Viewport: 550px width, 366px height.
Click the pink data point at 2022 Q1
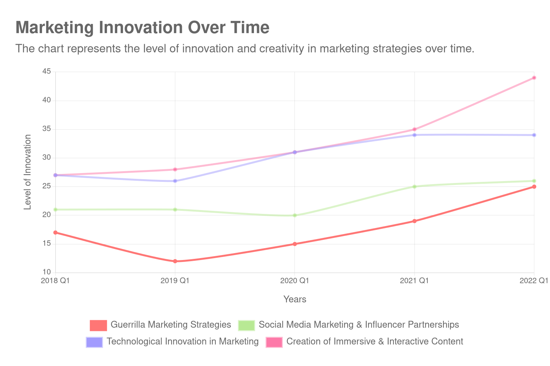click(x=534, y=78)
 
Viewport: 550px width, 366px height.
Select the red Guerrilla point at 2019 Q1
click(x=175, y=261)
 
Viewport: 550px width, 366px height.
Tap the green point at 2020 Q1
click(x=295, y=215)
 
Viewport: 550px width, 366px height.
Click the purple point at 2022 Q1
click(x=534, y=135)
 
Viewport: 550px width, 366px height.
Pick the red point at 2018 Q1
click(x=55, y=233)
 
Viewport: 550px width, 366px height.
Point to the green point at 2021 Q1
click(x=414, y=186)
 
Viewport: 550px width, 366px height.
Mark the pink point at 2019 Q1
click(x=175, y=169)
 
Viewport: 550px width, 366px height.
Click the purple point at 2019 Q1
click(x=175, y=181)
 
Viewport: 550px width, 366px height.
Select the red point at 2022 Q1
click(x=534, y=187)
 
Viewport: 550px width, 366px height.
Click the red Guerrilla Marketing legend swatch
click(x=98, y=325)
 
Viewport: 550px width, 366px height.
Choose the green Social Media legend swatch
click(x=246, y=325)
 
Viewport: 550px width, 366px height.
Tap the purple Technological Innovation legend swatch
click(x=94, y=342)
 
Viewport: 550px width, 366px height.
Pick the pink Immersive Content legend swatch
click(x=274, y=342)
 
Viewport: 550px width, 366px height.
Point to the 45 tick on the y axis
click(x=47, y=71)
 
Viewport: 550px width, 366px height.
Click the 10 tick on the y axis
click(x=47, y=272)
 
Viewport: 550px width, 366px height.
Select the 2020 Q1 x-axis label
click(x=294, y=281)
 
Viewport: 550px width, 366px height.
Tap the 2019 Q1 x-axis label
click(x=175, y=281)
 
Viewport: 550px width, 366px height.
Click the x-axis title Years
click(x=295, y=300)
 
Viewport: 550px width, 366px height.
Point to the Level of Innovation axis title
click(x=27, y=172)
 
